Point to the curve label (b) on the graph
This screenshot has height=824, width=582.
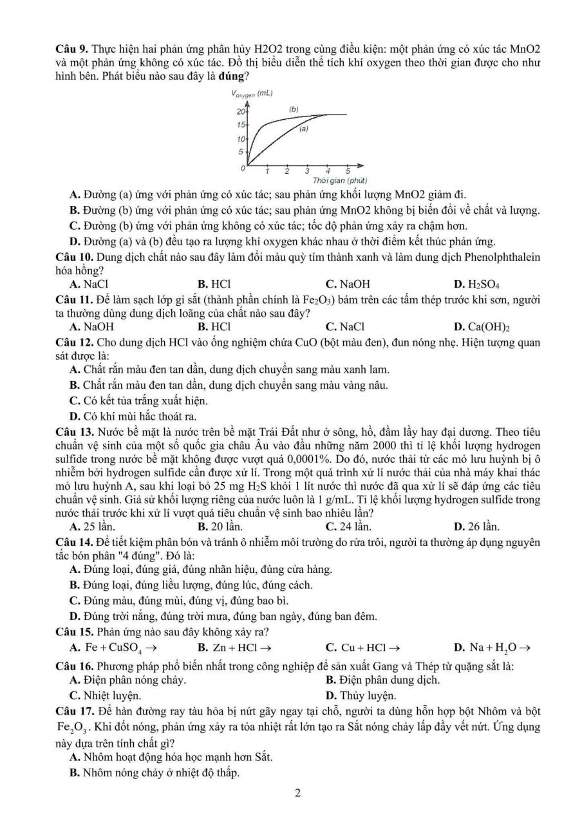click(x=294, y=109)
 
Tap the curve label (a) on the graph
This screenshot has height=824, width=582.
click(x=303, y=129)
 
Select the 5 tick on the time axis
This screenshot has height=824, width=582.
click(x=348, y=171)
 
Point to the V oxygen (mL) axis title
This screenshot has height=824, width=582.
click(x=252, y=93)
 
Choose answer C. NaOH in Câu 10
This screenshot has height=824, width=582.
click(x=348, y=284)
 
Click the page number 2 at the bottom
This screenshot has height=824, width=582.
click(x=297, y=793)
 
